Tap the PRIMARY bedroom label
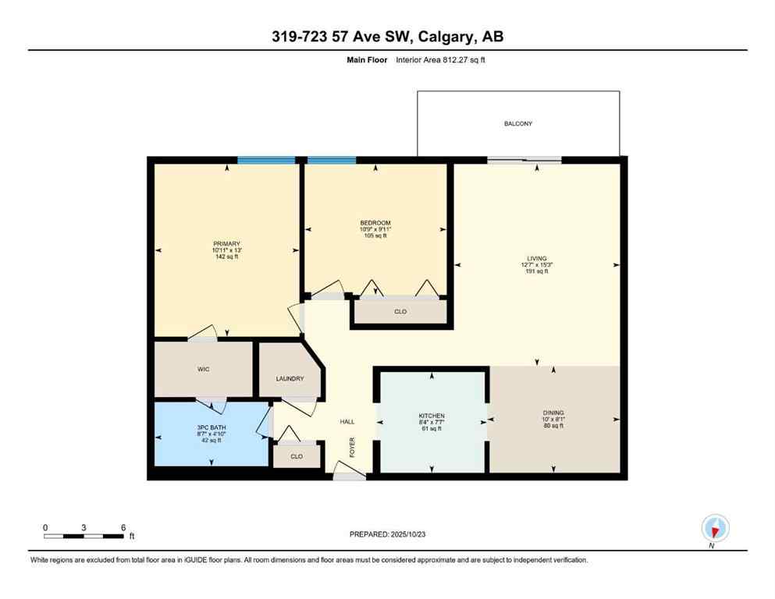(226, 243)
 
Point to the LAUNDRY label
(289, 379)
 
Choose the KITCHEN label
(432, 416)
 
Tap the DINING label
(553, 413)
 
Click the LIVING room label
(536, 258)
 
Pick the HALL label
(347, 421)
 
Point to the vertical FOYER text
(352, 448)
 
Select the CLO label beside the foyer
(296, 456)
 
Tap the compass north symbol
(714, 529)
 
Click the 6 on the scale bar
(123, 527)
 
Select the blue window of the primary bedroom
(266, 160)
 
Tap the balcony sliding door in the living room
(524, 161)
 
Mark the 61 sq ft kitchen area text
(432, 429)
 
